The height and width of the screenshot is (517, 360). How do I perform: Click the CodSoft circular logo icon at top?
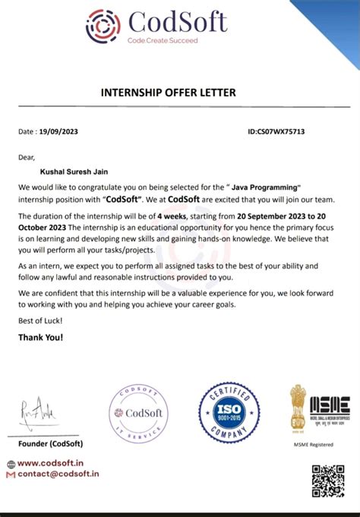[x=103, y=26]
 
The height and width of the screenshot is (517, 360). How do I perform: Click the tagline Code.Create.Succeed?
[x=162, y=39]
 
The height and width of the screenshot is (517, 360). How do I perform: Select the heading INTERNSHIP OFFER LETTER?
[x=169, y=93]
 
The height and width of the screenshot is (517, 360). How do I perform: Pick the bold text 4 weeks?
[x=173, y=216]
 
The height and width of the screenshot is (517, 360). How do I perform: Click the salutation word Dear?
[x=27, y=158]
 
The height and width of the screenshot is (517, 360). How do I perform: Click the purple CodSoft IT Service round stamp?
[x=139, y=415]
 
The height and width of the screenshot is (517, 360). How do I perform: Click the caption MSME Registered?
[x=319, y=445]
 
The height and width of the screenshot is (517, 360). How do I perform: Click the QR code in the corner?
[x=328, y=481]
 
